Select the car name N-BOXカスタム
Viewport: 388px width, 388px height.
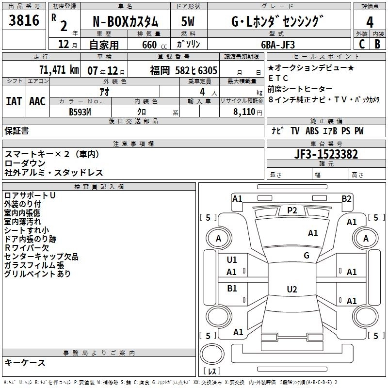click(x=125, y=22)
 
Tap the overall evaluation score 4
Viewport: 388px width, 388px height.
click(x=370, y=22)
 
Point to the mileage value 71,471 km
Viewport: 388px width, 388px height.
click(x=58, y=69)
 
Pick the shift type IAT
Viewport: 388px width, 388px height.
click(x=14, y=101)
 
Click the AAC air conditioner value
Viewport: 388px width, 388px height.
click(x=37, y=101)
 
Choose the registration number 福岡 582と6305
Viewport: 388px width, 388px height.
click(x=183, y=70)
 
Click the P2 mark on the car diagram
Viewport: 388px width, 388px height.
click(x=292, y=210)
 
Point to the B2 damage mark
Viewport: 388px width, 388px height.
click(x=346, y=198)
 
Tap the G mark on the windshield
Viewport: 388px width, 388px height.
click(x=307, y=255)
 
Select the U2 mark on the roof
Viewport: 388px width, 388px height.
click(x=291, y=290)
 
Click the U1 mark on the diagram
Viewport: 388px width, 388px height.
click(x=232, y=260)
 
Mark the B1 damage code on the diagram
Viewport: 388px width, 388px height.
click(x=232, y=289)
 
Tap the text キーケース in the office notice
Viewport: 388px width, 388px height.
click(x=25, y=363)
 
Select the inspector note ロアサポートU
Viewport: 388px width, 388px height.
click(x=30, y=195)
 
